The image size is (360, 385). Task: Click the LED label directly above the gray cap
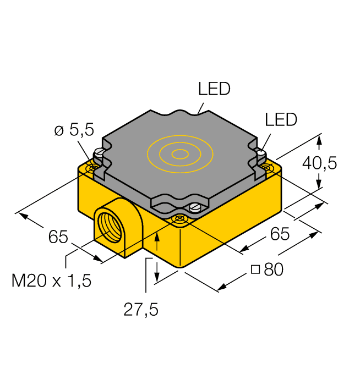(x=214, y=89)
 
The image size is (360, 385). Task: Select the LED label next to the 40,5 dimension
(x=281, y=119)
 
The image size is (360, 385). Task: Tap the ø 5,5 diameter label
(x=74, y=130)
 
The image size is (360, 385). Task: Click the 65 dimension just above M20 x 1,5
(x=58, y=238)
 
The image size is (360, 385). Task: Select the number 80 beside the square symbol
(x=274, y=270)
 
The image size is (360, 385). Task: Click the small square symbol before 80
(x=255, y=269)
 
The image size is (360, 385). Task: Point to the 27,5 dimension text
(x=140, y=310)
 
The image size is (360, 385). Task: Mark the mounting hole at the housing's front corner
(x=179, y=219)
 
